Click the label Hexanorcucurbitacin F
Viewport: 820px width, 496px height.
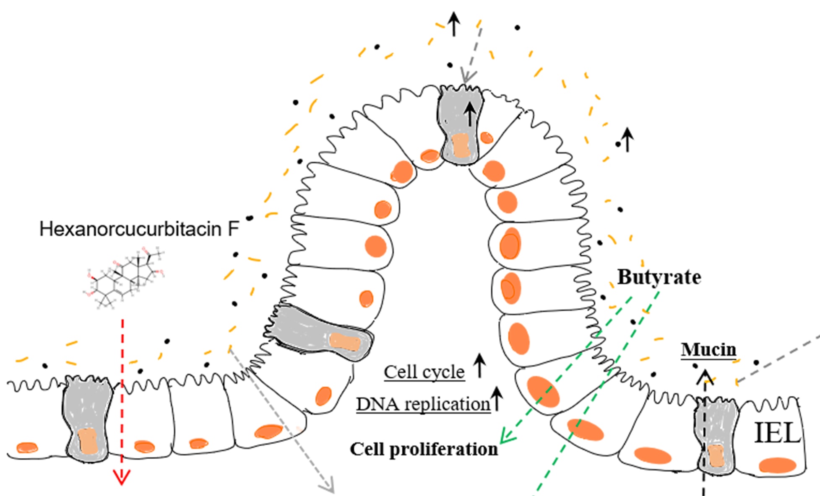139,229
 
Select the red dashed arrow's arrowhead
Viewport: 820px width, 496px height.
122,478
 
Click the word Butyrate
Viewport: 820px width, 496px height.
659,277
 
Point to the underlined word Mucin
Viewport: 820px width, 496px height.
708,349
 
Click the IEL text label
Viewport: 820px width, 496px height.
777,433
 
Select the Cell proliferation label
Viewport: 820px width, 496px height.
424,449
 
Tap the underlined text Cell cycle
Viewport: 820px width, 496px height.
424,372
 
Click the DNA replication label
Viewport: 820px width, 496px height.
423,404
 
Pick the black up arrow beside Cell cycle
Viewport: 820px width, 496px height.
479,365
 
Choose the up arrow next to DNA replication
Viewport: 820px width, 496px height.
497,398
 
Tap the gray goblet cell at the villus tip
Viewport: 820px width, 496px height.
461,126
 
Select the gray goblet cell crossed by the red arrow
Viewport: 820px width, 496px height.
88,419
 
